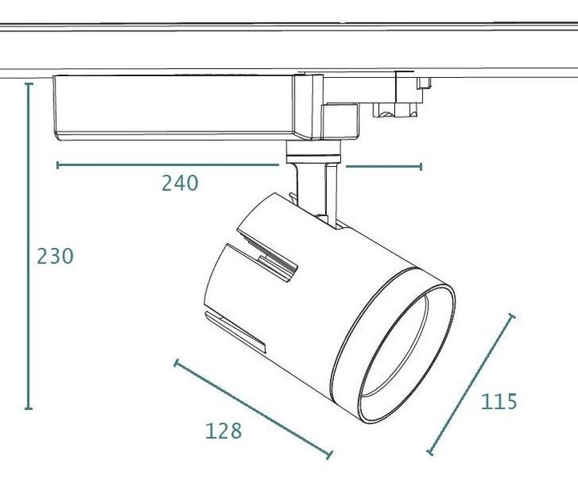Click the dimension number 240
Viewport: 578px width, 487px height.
[180, 183]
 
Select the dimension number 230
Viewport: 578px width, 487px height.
[55, 256]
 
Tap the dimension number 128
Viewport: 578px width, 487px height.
[223, 431]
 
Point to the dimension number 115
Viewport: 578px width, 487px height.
[499, 401]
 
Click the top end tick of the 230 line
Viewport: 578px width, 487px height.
[29, 84]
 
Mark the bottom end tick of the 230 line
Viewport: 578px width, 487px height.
[29, 408]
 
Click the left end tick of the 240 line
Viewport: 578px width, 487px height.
[58, 165]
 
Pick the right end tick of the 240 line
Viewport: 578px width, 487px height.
[421, 167]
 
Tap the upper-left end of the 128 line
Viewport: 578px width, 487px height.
[176, 363]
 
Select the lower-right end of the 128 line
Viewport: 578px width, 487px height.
[330, 455]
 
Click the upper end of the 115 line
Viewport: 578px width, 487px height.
[511, 315]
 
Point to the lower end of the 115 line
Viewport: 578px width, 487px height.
[429, 453]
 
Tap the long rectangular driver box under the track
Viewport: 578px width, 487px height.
[175, 108]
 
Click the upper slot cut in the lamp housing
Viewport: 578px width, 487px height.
[267, 255]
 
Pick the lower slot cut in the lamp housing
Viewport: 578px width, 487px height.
[235, 331]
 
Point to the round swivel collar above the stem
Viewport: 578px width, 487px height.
[313, 152]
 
